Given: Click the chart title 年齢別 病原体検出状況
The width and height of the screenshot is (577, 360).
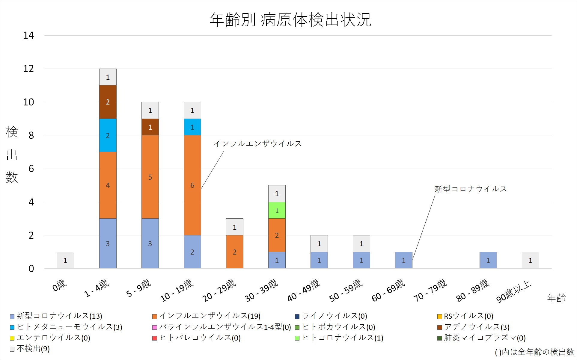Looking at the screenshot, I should pos(290,20).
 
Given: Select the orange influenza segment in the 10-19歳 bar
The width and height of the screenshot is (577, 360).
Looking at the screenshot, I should pos(192,185).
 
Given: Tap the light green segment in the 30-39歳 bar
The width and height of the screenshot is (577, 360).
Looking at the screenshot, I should pos(277,210).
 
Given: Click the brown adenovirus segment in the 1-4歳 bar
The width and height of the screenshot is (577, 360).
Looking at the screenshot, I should pos(108,102).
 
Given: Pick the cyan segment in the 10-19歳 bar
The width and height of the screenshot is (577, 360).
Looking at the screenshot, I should pos(192,127).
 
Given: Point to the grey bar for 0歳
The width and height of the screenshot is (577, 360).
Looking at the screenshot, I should pos(65,260).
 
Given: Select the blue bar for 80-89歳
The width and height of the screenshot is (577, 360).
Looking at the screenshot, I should pos(488,260).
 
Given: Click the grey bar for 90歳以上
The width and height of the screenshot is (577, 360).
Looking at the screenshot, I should pos(530,260).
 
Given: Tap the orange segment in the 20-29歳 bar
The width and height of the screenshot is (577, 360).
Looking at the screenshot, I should pos(234,252).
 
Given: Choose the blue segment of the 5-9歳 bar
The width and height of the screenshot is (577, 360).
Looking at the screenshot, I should pos(150,243).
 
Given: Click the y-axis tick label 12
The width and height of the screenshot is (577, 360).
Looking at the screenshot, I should pos(28,69).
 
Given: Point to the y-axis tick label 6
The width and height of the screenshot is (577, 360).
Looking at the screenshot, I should pos(31,169).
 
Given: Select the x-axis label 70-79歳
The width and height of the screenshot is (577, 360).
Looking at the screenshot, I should pos(430,291).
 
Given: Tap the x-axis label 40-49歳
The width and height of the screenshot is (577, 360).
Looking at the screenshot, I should pos(304,291).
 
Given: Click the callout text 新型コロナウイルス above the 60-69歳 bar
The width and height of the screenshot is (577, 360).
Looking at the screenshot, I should pos(471,189).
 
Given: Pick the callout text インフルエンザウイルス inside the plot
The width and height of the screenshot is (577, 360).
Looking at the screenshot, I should pos(257,144).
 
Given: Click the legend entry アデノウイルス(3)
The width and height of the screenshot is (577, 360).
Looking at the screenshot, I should pos(476,327).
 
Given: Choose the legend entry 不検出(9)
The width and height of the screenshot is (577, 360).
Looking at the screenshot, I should pos(33,349).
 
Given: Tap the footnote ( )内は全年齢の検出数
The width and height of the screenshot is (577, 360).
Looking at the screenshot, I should pos(534,352).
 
